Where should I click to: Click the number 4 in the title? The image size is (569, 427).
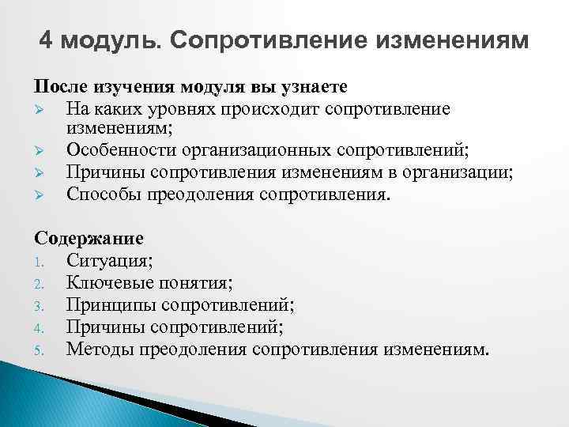pyautogui.click(x=46, y=40)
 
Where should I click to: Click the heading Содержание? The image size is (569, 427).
pyautogui.click(x=89, y=237)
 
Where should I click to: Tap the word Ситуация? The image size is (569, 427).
pyautogui.click(x=107, y=259)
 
